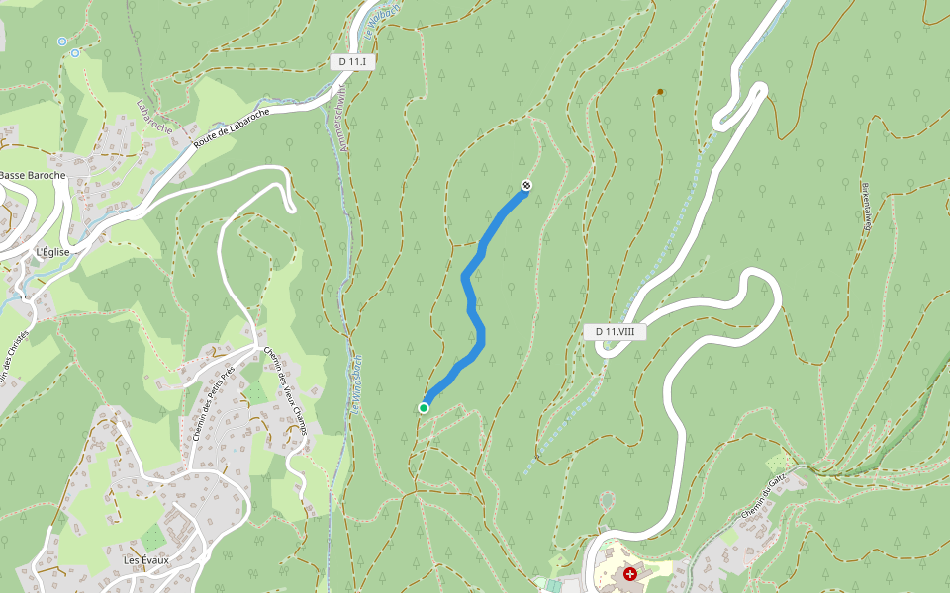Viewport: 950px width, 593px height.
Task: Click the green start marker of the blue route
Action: pos(424,407)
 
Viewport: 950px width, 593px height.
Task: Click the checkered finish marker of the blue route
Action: pos(526,185)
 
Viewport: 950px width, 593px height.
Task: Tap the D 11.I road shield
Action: pos(352,61)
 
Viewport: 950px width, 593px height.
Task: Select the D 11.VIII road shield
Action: pos(615,332)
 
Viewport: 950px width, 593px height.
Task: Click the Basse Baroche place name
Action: pos(32,176)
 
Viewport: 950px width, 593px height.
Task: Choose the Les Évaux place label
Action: pos(146,560)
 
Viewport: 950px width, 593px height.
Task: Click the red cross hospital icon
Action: pos(629,574)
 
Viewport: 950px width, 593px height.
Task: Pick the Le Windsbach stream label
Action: pos(354,382)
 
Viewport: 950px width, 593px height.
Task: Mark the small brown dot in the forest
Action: pos(660,92)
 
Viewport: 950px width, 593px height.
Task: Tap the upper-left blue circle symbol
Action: pos(62,42)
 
